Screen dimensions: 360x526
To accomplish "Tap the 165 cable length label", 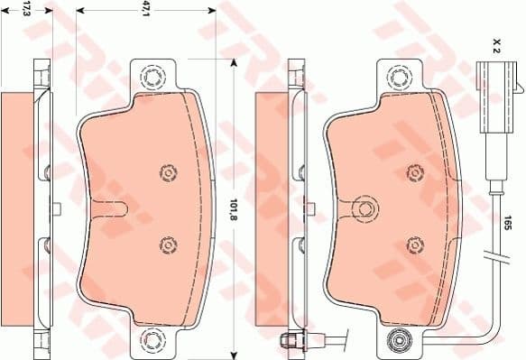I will [x=508, y=220].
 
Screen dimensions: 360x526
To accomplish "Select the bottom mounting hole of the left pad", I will [x=151, y=341].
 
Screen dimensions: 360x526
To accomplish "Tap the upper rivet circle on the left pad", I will [x=166, y=172].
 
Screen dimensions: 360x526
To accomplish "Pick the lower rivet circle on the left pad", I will [x=166, y=243].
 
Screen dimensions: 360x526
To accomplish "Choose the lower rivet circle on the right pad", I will [x=413, y=243].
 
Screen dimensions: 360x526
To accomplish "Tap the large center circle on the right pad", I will [x=365, y=208].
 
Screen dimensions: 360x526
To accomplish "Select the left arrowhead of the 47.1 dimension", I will [x=80, y=11].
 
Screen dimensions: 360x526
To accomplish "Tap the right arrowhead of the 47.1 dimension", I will [x=212, y=11].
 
